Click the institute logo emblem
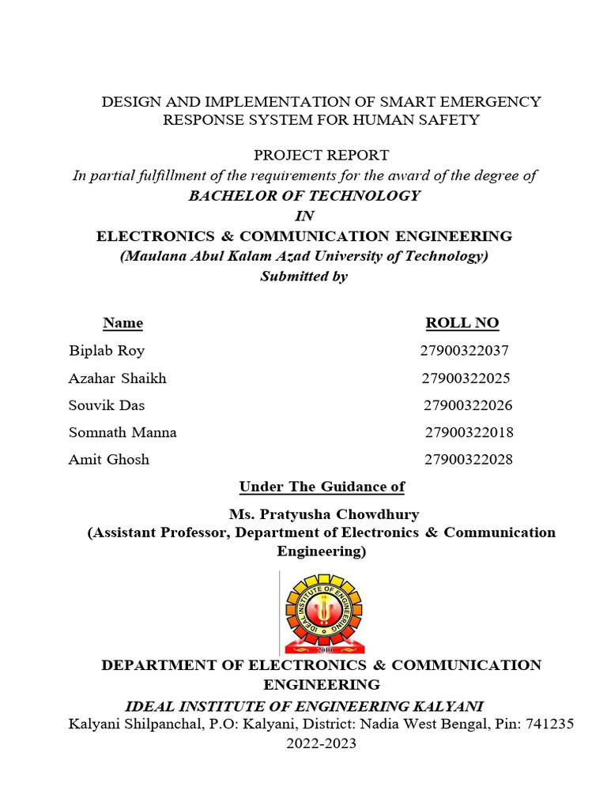322,611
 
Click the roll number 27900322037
465,351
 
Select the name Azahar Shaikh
118,378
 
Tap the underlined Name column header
123,323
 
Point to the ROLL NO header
462,323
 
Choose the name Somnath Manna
123,432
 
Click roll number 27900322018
469,432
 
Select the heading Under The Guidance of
322,487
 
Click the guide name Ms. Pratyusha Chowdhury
324,514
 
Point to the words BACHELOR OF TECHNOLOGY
304,196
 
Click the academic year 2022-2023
321,743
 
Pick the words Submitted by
304,277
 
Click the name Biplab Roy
107,351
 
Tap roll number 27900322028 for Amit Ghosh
469,459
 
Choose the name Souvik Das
107,405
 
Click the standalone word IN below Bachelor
304,216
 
